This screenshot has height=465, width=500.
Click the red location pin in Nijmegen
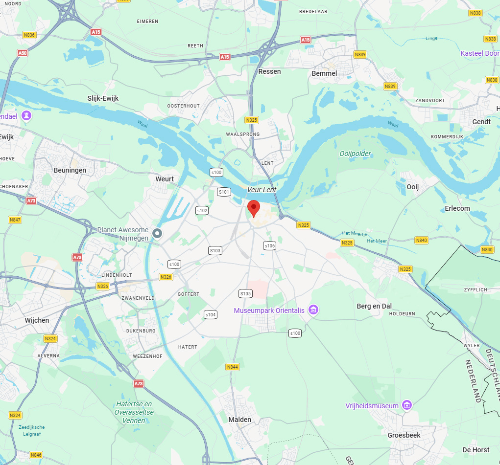(253, 208)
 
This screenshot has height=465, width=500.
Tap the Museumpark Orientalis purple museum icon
(313, 310)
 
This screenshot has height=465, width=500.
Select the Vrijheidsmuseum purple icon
(406, 405)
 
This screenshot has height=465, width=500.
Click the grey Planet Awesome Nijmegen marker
(157, 233)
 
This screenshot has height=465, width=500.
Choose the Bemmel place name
(324, 73)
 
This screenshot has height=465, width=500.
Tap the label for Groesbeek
(404, 435)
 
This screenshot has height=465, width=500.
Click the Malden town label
(240, 420)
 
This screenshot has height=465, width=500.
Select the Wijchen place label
(37, 320)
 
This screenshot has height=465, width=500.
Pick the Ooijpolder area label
(355, 154)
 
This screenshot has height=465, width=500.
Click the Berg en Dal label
(374, 306)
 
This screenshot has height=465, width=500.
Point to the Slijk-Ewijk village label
(103, 98)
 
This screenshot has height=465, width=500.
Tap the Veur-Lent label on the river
(262, 190)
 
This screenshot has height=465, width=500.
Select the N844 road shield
(233, 367)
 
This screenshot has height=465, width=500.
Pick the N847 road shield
(15, 220)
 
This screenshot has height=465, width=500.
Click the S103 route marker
(215, 250)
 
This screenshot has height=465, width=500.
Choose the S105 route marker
(245, 293)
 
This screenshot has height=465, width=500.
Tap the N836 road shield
(29, 35)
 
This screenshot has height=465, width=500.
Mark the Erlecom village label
(457, 208)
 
